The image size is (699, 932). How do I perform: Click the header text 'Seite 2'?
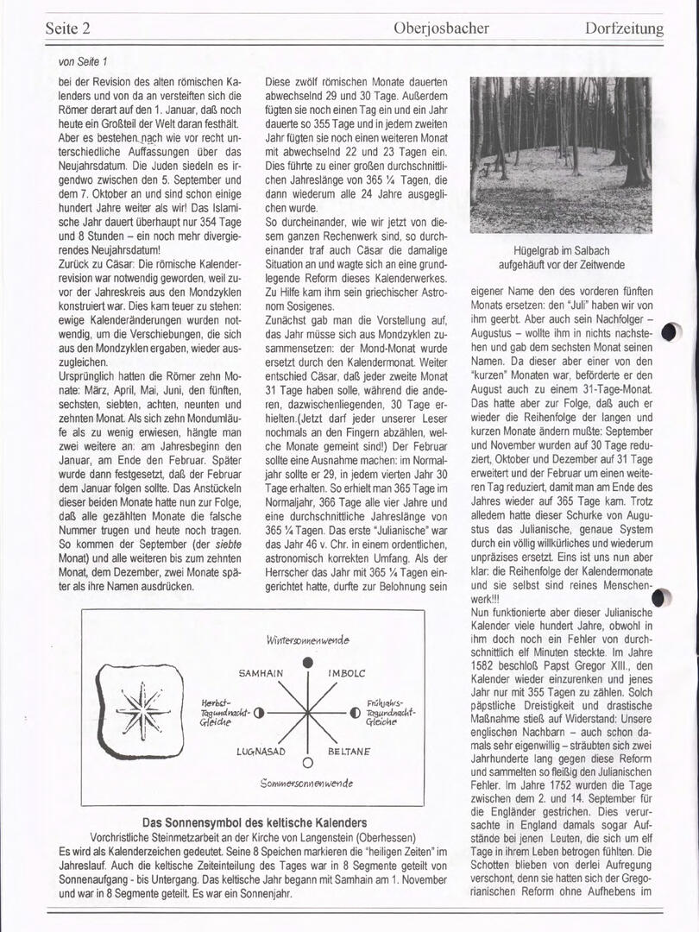[x=68, y=28]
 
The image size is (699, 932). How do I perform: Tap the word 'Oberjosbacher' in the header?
[x=440, y=28]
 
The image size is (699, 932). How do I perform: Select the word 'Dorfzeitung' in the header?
[x=623, y=28]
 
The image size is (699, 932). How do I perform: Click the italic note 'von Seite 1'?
[x=84, y=61]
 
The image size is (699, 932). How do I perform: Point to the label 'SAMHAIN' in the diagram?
[x=261, y=672]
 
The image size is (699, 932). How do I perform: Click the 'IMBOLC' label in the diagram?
[x=348, y=672]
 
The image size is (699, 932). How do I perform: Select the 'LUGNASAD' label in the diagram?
[x=261, y=752]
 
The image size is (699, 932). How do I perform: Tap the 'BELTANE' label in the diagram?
[x=349, y=752]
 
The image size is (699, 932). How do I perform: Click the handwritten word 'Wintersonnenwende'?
[x=307, y=640]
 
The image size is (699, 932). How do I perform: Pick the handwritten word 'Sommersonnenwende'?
[x=306, y=783]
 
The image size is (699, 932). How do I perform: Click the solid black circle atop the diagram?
[x=307, y=662]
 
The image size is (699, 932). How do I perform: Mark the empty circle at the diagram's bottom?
[x=307, y=762]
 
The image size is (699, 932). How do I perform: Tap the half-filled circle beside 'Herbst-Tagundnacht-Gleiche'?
[x=258, y=713]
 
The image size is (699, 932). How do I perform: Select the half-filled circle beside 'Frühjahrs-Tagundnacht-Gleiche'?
[x=355, y=713]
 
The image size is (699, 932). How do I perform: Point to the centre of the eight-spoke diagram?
[x=307, y=713]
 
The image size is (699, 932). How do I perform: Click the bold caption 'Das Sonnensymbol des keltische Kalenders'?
[x=254, y=822]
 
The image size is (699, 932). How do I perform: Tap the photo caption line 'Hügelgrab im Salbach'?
[x=561, y=249]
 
